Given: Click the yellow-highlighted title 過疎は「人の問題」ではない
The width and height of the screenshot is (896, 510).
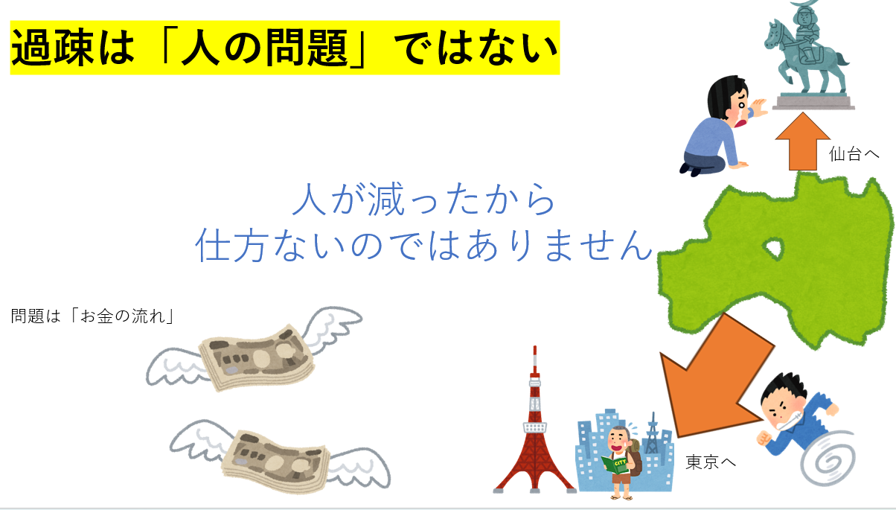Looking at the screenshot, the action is [x=285, y=48].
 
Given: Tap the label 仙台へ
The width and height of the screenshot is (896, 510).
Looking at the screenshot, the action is [x=854, y=154].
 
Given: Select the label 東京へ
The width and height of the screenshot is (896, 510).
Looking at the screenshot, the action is [x=711, y=462].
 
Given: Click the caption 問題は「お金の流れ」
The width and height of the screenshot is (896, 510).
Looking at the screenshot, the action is [x=93, y=316].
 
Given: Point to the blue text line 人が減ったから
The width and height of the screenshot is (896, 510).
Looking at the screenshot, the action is [x=423, y=199].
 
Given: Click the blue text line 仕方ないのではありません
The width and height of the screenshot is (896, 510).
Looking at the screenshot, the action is [x=424, y=245].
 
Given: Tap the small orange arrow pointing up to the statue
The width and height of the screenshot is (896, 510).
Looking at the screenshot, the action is [x=802, y=141].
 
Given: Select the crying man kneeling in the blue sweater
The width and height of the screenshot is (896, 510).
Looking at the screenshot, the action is [x=720, y=126].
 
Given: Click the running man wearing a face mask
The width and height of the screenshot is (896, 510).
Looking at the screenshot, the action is [x=796, y=416].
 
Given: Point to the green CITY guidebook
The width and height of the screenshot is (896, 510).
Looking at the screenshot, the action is [x=615, y=465].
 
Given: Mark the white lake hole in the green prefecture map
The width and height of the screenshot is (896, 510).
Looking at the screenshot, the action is [x=774, y=248].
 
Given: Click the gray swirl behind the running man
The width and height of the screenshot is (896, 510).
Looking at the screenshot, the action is [x=828, y=458].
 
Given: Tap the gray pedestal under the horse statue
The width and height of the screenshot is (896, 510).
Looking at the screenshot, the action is [x=813, y=102].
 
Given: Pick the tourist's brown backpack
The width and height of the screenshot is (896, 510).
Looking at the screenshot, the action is [x=634, y=456].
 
